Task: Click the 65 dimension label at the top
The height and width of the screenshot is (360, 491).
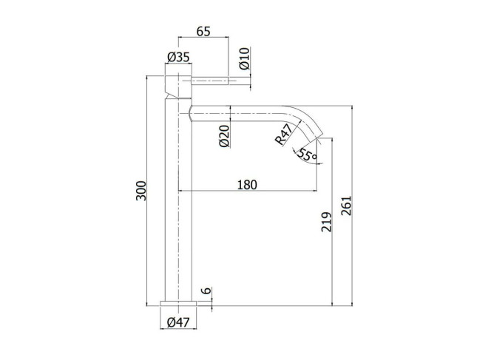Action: coord(203,31)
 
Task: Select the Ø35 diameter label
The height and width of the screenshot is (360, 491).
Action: coord(178,57)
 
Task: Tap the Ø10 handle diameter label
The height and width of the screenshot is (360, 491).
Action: coord(245,58)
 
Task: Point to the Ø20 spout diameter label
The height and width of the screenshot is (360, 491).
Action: coord(225,136)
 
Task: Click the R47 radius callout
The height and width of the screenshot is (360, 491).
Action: coord(285,135)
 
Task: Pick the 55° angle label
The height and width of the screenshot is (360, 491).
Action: coord(307,154)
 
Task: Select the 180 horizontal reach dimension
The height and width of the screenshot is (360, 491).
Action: coord(247,185)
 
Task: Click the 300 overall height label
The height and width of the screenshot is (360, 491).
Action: coord(141,191)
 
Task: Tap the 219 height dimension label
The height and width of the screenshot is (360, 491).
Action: coord(326,222)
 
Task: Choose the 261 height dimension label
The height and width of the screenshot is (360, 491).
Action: coord(346,206)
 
